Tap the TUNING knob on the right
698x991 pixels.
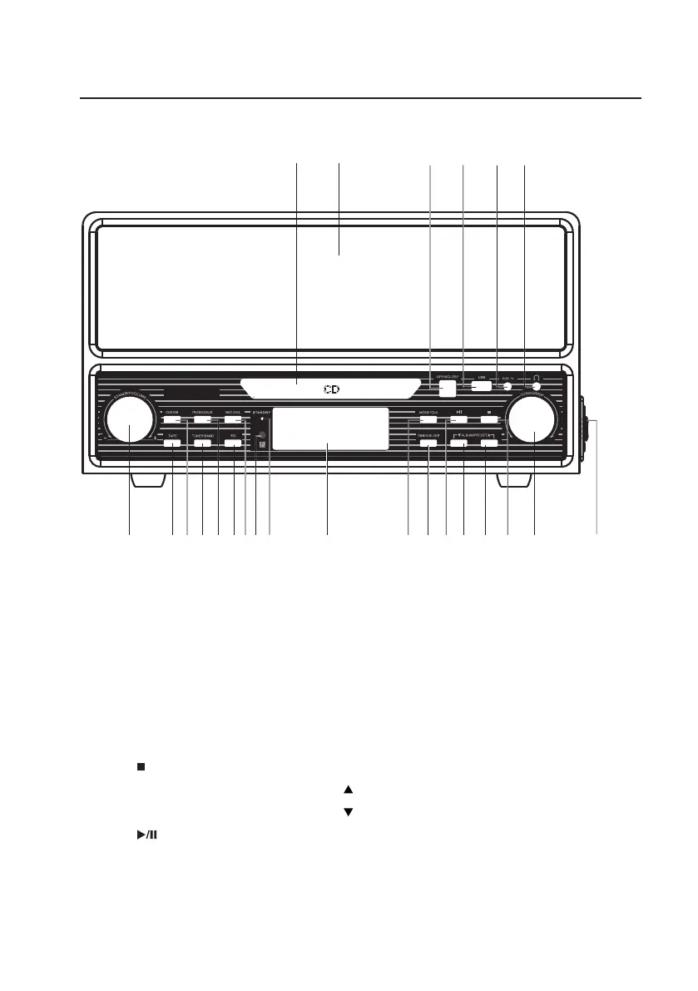coord(533,420)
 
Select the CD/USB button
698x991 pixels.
coord(172,420)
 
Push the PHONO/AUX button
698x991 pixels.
coord(203,420)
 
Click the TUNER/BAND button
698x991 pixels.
coord(203,443)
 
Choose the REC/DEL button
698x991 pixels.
coord(233,420)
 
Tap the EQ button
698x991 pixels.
coord(233,443)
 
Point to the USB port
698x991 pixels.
coord(481,385)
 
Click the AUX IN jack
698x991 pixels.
coord(507,385)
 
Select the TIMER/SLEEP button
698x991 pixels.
coord(428,443)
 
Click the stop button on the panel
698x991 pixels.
coord(489,420)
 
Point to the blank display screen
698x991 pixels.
coord(329,429)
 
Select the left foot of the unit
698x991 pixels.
coord(147,482)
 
